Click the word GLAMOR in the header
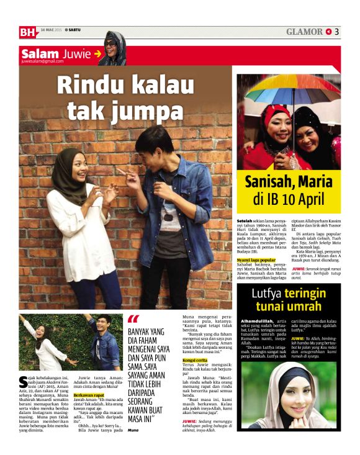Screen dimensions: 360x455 pos(304,32)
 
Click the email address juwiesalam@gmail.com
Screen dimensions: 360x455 pos(42,61)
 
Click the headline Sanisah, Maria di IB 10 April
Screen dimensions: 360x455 pos(289,191)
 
